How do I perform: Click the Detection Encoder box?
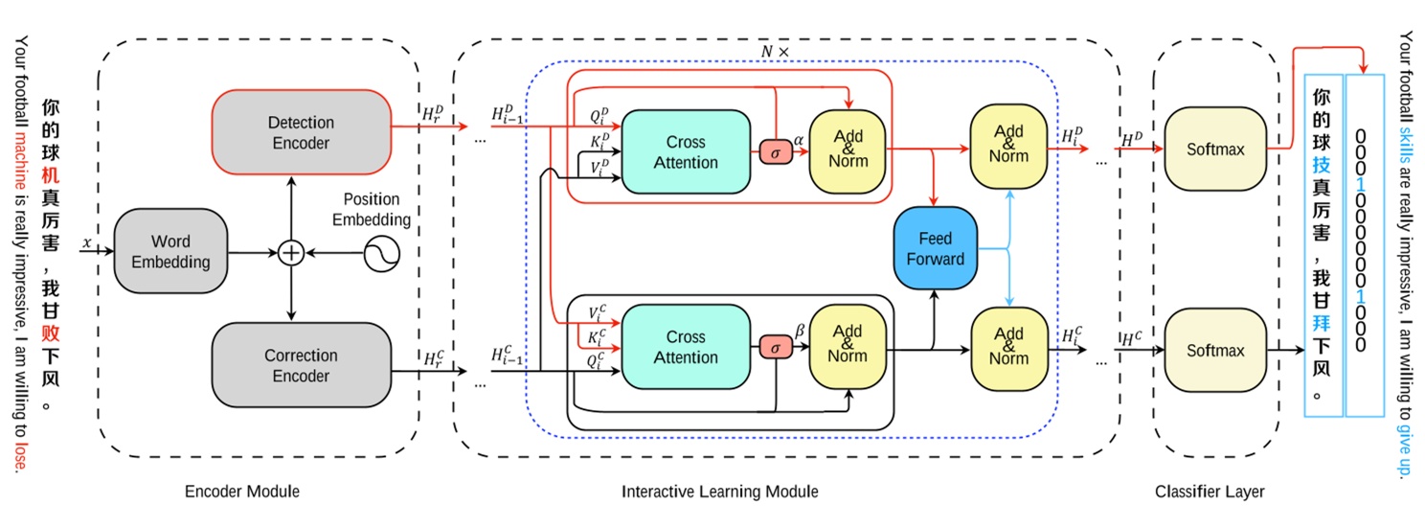tap(301, 132)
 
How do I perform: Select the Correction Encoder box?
tap(301, 365)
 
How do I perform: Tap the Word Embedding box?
tap(170, 251)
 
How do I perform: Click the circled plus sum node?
tap(290, 253)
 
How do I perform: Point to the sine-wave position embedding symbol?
tap(380, 253)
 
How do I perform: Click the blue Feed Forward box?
tap(935, 247)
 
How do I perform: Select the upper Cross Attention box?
tap(686, 151)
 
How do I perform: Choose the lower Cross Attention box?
tap(686, 347)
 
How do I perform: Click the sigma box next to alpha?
tap(776, 152)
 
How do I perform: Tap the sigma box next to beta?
tap(776, 347)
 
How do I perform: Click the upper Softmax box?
tap(1215, 149)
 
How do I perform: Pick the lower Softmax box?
tap(1215, 351)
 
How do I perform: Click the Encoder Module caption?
tap(242, 492)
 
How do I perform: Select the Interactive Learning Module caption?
tap(720, 492)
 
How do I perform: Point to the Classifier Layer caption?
tap(1210, 492)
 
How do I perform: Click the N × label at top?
tap(775, 52)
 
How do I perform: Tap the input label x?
tap(86, 243)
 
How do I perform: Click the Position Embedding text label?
tap(372, 209)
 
